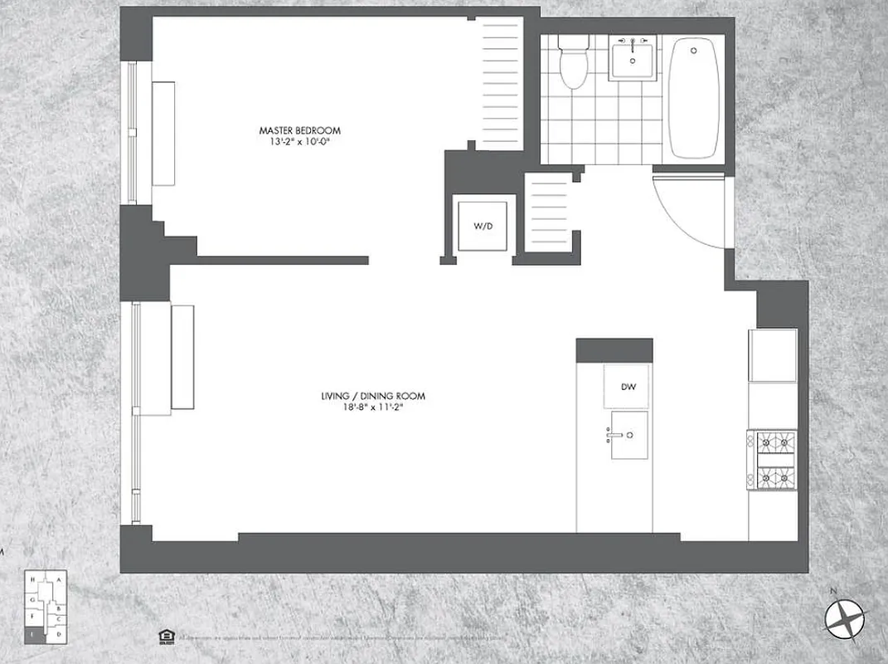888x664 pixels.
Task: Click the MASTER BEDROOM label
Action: pyautogui.click(x=299, y=130)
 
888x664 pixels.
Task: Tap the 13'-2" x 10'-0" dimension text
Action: pyautogui.click(x=299, y=141)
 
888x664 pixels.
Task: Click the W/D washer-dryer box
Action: pyautogui.click(x=483, y=225)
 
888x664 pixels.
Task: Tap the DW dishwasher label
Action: pyautogui.click(x=628, y=387)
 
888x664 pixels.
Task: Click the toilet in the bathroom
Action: pyautogui.click(x=572, y=65)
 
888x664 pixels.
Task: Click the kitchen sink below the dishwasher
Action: pyautogui.click(x=629, y=435)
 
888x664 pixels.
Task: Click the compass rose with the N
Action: pyautogui.click(x=845, y=618)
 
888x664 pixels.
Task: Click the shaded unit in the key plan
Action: pyautogui.click(x=34, y=636)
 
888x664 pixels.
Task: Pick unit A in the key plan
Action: pyautogui.click(x=59, y=580)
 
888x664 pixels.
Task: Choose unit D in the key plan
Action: pyautogui.click(x=59, y=635)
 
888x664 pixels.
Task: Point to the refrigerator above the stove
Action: pyautogui.click(x=773, y=355)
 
